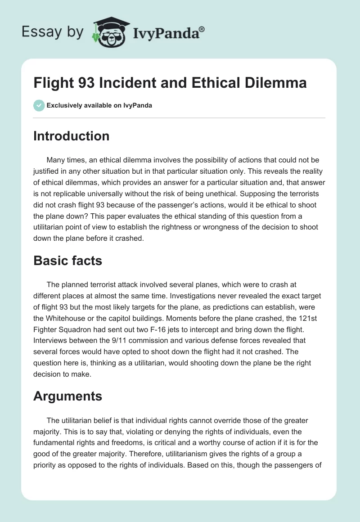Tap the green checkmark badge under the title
39,105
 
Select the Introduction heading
71,136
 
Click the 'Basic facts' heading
67,261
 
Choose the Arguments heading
67,396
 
